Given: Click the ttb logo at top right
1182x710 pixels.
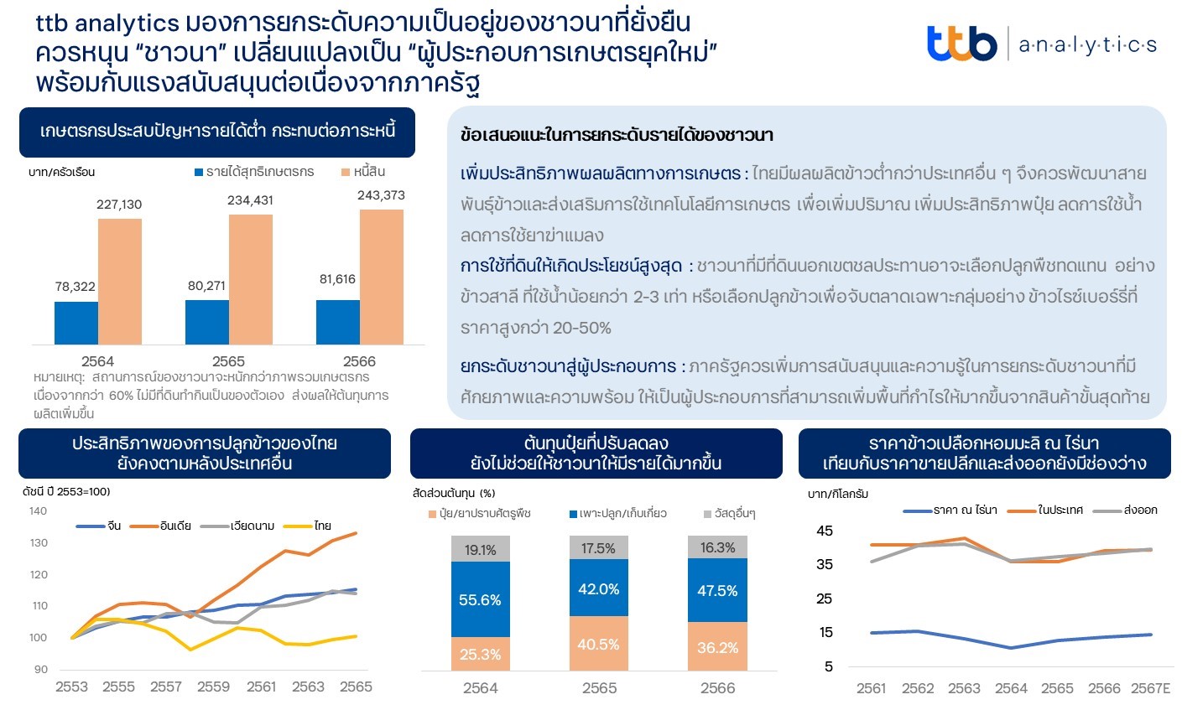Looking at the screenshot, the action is [x=961, y=44].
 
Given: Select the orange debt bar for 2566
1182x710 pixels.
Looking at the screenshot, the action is [x=382, y=277].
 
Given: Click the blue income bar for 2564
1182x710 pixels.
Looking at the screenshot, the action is [x=76, y=323].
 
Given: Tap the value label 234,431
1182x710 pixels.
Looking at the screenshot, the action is [x=250, y=200].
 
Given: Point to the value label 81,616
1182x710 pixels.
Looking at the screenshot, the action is [x=337, y=279].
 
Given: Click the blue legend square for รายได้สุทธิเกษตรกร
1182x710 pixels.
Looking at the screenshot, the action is [x=199, y=173].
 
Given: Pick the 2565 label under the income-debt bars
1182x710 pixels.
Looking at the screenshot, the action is [x=228, y=361].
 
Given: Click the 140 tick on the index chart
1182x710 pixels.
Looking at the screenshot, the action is [x=38, y=510].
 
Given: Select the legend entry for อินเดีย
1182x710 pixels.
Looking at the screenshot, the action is [x=160, y=526].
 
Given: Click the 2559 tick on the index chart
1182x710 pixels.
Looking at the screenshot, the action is [x=213, y=687].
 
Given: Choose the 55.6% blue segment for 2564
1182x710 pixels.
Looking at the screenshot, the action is [x=480, y=599].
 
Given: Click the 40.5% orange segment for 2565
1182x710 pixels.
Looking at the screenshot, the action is [x=598, y=644].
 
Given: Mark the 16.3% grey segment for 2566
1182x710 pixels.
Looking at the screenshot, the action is [x=717, y=547].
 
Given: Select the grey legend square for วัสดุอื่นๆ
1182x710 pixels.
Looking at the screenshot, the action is [x=708, y=514].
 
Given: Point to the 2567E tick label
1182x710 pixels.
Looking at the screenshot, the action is [x=1150, y=688].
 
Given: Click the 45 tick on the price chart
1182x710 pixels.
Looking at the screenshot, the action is [x=825, y=531].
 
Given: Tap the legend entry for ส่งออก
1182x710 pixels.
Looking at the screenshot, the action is [x=1125, y=510].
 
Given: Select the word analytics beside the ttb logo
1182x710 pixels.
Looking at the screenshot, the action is [x=1087, y=45].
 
